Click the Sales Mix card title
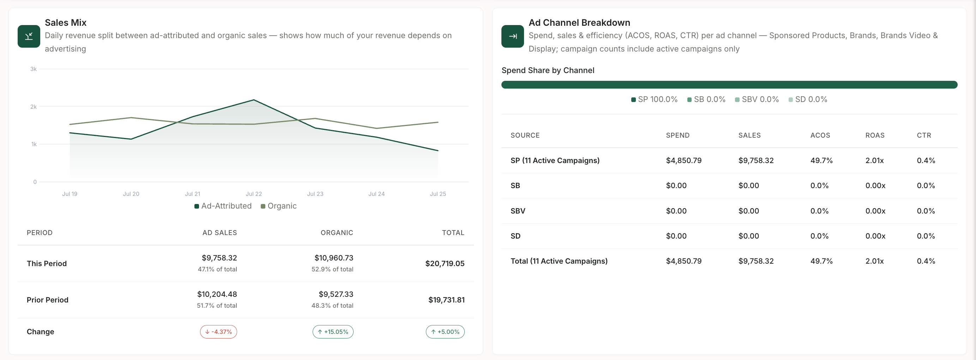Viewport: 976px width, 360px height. (x=66, y=23)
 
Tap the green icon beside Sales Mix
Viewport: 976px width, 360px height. (x=29, y=36)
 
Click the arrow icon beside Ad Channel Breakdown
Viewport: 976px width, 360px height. (x=513, y=36)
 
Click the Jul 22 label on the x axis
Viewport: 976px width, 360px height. (x=254, y=194)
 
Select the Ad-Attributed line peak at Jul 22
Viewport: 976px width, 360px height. (x=254, y=100)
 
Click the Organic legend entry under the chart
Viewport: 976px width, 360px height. (x=279, y=206)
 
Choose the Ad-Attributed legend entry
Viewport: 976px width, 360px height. (x=223, y=206)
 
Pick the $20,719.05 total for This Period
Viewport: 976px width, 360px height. (x=445, y=264)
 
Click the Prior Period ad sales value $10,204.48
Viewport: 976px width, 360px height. (x=217, y=294)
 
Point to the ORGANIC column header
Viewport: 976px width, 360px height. (x=337, y=233)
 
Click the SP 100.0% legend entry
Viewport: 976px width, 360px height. (x=654, y=100)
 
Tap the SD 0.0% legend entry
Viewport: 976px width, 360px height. (x=808, y=100)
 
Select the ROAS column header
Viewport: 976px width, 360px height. (x=875, y=136)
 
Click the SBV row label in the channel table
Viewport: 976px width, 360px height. (x=518, y=211)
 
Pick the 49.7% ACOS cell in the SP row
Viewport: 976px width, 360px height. (x=821, y=161)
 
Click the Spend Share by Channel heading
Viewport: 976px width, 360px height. (x=548, y=71)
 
